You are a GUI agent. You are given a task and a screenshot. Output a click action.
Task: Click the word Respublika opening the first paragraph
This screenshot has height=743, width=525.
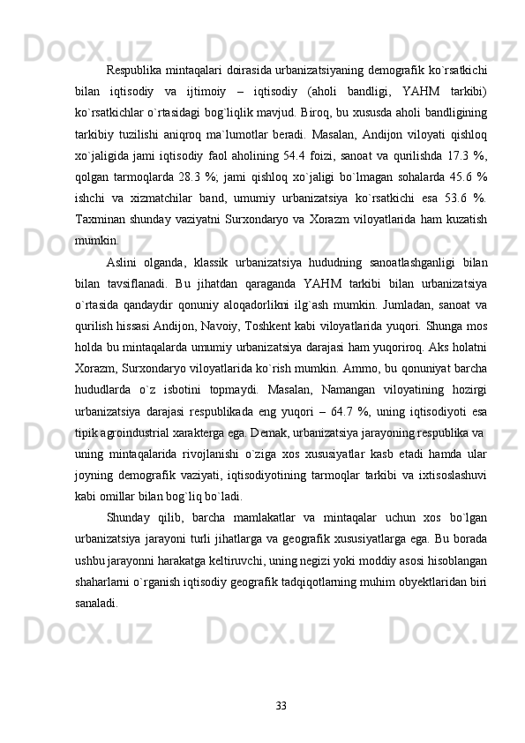pos(132,70)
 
